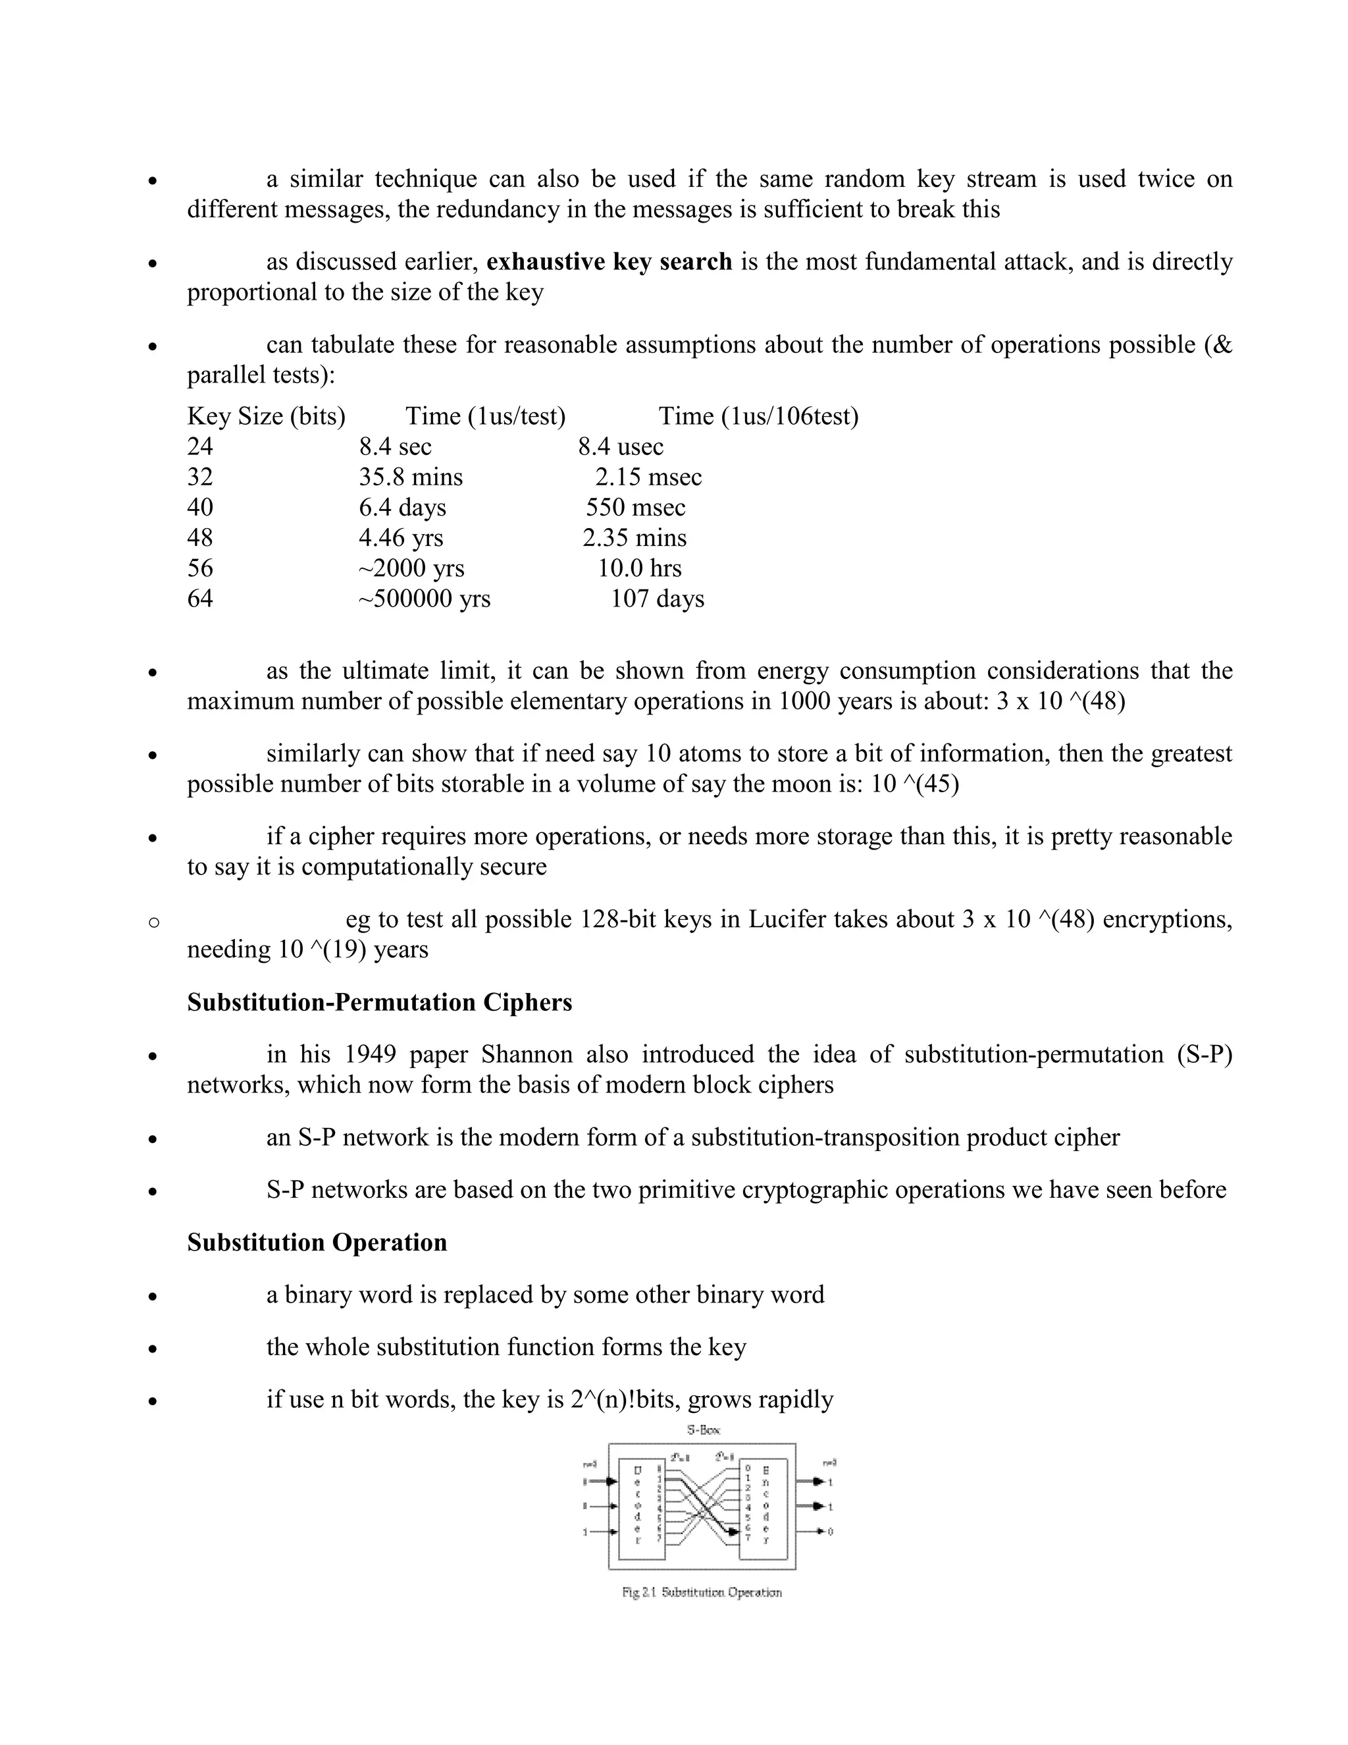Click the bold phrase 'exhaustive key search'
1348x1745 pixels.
point(609,262)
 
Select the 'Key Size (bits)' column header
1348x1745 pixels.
point(266,416)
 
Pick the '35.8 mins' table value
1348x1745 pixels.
point(411,477)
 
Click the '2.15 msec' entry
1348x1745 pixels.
point(648,477)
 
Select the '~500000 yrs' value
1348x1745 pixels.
point(424,599)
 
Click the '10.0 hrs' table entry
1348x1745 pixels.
point(639,568)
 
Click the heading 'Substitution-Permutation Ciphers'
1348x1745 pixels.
point(379,1002)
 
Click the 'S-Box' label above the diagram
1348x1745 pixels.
point(703,1430)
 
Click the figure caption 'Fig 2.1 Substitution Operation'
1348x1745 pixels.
point(701,1592)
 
